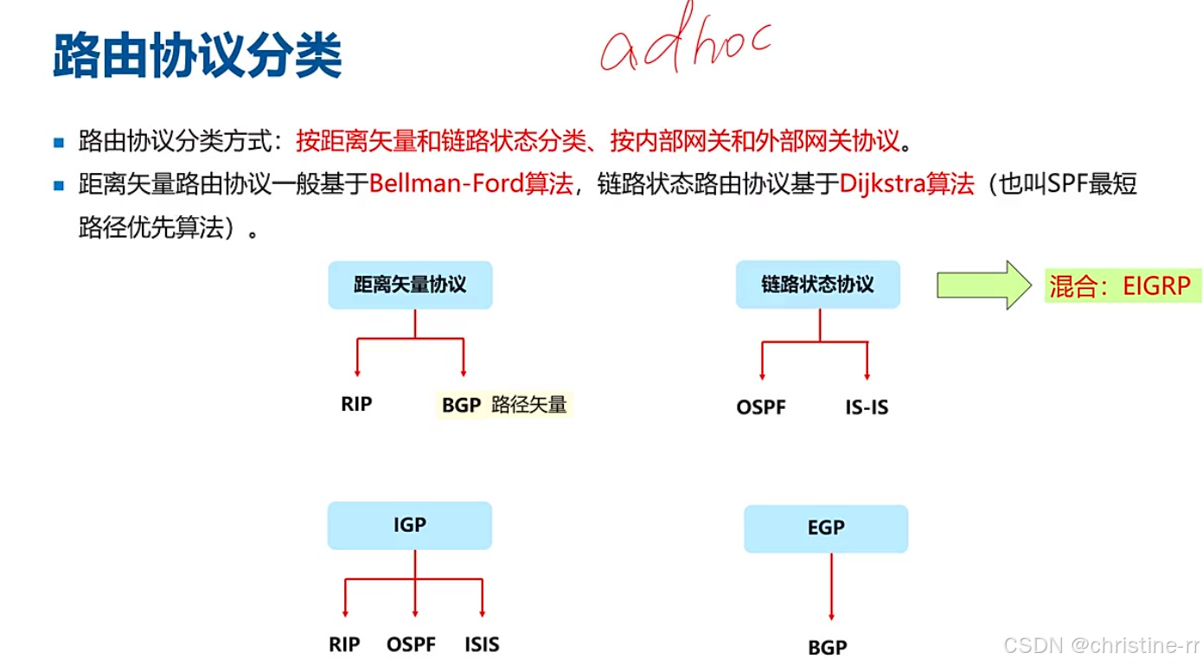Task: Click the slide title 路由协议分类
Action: [x=197, y=57]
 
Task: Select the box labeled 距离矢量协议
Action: [x=410, y=285]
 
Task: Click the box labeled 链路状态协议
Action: [x=817, y=285]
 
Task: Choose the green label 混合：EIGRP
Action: [x=1121, y=285]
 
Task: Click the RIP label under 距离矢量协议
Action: [x=356, y=404]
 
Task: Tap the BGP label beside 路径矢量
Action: [x=461, y=405]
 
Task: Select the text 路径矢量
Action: [x=529, y=405]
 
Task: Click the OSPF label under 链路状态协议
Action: [x=761, y=406]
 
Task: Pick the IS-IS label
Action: [x=867, y=406]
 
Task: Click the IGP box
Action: [x=409, y=525]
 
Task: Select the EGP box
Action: [x=826, y=528]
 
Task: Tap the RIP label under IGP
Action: [x=344, y=644]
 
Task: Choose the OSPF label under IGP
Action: [x=412, y=644]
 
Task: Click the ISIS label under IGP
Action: [x=482, y=644]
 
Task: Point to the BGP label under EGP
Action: [x=828, y=647]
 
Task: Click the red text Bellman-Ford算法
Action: [x=471, y=184]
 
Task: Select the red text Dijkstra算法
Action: [x=906, y=184]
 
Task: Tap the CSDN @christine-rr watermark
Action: [x=1101, y=645]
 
